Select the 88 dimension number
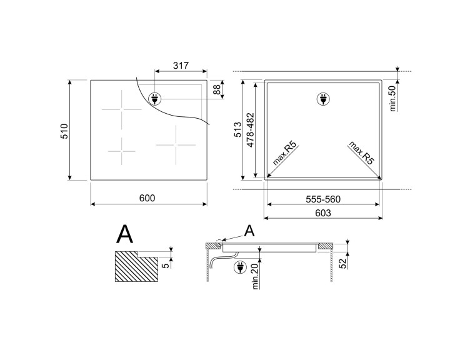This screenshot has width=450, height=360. coord(217,90)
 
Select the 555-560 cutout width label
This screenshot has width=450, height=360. coord(322,199)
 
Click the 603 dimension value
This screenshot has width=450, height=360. coord(322,213)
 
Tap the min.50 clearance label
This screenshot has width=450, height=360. coord(393,98)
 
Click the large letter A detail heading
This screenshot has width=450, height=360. coord(125,234)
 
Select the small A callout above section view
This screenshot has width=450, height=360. coord(249,231)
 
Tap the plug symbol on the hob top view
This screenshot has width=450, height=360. coord(156,98)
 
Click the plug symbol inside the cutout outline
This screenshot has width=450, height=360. coord(322,99)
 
